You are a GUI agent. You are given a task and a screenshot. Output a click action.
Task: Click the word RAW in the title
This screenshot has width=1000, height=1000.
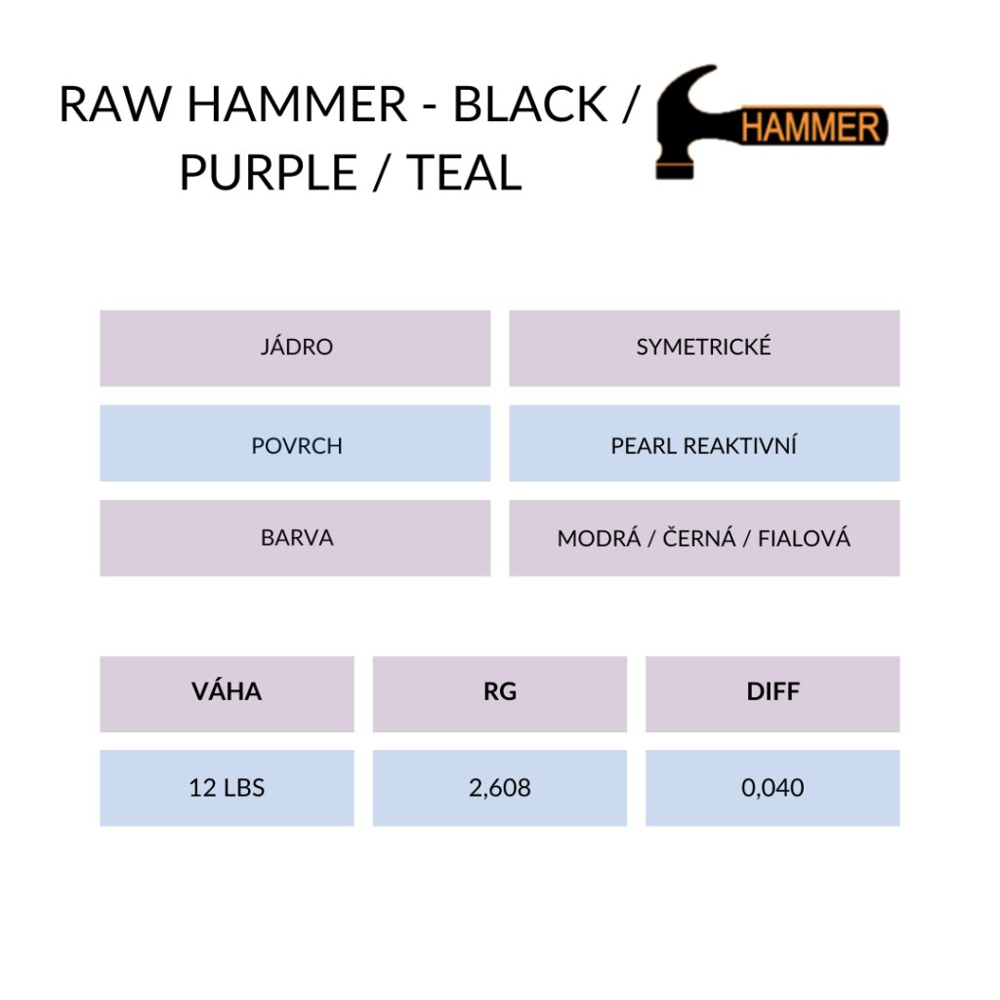tap(115, 104)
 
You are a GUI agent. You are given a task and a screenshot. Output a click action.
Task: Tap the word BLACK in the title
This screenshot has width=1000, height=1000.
tap(530, 104)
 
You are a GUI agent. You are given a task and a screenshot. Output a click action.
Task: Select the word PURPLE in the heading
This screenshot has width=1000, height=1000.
tap(268, 172)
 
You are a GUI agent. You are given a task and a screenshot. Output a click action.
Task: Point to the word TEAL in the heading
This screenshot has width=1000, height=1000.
tap(464, 172)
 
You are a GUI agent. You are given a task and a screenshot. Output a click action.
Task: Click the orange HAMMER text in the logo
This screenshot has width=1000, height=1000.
tap(811, 127)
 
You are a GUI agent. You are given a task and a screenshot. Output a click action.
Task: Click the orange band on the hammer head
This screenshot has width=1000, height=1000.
tap(675, 170)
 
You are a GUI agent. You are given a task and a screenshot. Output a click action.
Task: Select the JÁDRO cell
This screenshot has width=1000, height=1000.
tap(295, 349)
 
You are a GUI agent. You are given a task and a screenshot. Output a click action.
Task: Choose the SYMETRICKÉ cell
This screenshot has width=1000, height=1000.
tap(704, 349)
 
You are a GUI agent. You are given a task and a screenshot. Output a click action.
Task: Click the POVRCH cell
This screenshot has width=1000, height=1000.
tap(295, 443)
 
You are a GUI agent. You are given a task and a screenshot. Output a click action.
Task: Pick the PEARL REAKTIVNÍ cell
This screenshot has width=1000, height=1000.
tap(704, 443)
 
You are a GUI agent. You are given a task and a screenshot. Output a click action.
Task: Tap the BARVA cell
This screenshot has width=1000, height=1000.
tap(295, 538)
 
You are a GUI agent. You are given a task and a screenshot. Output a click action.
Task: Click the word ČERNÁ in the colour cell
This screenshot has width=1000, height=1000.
tap(699, 538)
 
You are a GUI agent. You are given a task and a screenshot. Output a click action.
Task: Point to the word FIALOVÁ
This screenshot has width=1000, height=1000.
tap(804, 538)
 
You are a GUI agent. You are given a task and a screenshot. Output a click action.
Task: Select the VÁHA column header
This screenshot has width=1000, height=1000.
tap(227, 694)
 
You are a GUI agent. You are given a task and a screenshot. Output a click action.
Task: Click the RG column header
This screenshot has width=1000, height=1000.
tap(500, 694)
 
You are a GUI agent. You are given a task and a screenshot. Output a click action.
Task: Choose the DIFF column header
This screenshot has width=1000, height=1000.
tap(772, 694)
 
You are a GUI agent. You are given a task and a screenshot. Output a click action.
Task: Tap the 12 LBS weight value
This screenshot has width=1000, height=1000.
tap(227, 788)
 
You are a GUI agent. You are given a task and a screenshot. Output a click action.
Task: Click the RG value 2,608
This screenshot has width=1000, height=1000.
tap(500, 788)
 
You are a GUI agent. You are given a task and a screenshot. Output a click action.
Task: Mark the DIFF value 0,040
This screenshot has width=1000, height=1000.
tap(772, 788)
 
